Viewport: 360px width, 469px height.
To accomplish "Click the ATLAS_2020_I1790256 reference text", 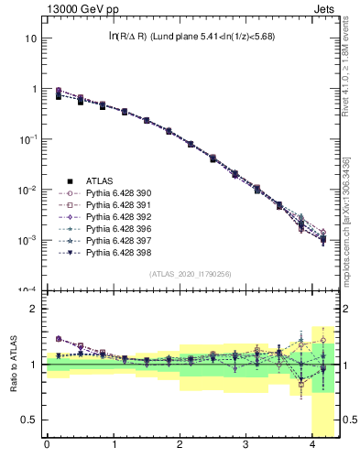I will pyautogui.click(x=191, y=274).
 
